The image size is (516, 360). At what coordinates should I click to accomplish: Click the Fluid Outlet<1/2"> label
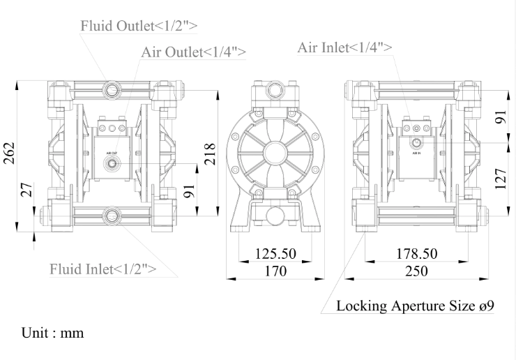tap(139, 26)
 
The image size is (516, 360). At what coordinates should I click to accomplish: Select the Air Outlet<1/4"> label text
tap(193, 52)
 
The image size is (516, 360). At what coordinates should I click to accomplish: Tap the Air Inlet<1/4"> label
tap(344, 47)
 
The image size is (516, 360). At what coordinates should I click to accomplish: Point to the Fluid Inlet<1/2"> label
tap(103, 269)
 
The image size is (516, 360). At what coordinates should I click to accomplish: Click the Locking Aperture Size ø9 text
tap(416, 306)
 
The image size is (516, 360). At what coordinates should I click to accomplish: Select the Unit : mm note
tap(53, 333)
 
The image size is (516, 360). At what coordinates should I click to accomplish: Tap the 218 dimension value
tap(209, 151)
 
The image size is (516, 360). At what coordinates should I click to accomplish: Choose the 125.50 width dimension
tap(277, 253)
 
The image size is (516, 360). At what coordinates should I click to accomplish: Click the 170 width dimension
tap(275, 271)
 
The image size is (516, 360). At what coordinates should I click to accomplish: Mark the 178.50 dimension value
tap(416, 253)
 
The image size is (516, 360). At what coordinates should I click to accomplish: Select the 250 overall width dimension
tap(417, 271)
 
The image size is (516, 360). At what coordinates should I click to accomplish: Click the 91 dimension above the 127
tap(499, 119)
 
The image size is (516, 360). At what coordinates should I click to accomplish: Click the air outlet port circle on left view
tap(110, 165)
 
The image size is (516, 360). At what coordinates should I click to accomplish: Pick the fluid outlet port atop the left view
tap(111, 89)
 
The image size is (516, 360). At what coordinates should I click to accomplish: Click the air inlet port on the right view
tap(416, 143)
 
